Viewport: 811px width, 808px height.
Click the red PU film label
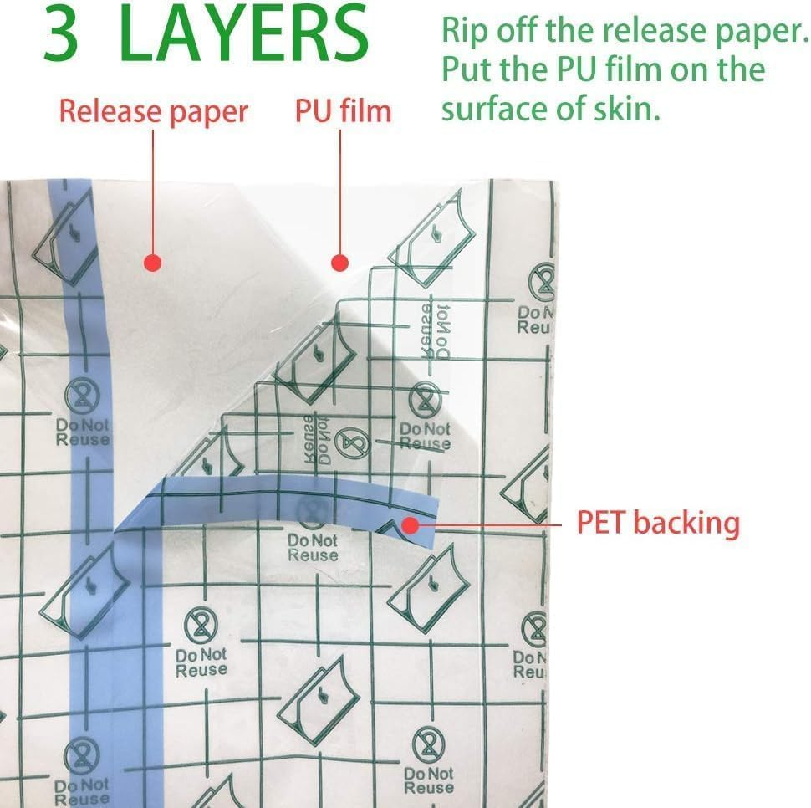pos(343,111)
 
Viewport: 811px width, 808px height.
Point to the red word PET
pos(600,523)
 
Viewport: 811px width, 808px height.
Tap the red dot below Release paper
pos(152,263)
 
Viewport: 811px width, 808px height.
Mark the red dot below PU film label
pos(339,263)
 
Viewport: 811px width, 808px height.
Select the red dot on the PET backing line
pos(411,524)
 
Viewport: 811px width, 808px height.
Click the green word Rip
pos(462,33)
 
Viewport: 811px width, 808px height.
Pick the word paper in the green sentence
pos(763,33)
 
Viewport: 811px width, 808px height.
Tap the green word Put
pos(464,69)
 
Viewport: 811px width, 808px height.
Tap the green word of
pos(569,107)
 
